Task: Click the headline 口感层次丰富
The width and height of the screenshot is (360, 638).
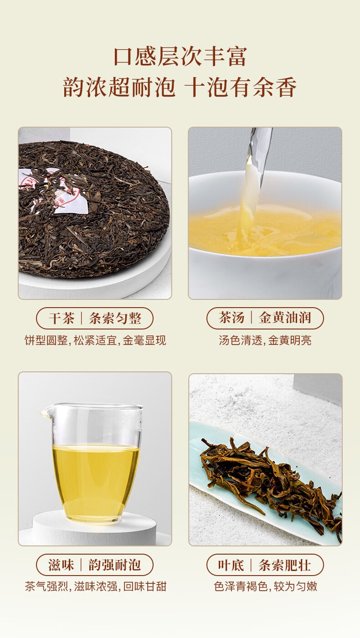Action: (x=180, y=57)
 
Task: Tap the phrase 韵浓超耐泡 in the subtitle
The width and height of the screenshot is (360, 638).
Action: (x=118, y=87)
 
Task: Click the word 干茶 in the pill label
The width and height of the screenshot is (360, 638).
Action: (x=61, y=318)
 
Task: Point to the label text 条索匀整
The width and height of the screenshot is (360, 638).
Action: (x=115, y=318)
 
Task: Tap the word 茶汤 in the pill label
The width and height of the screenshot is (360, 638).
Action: (x=231, y=317)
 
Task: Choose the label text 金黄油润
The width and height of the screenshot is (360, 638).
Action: (x=285, y=317)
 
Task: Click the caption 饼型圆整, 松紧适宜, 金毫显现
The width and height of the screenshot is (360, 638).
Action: (x=95, y=340)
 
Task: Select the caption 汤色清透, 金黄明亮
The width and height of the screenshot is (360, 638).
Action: (x=265, y=340)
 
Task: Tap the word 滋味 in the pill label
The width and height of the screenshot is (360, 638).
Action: (x=61, y=565)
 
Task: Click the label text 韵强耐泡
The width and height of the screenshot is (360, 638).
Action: (x=115, y=565)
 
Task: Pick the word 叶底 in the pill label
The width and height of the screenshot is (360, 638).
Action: (x=231, y=565)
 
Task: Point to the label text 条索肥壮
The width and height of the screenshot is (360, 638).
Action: (x=284, y=565)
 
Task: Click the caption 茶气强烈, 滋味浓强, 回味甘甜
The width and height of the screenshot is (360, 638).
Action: (x=95, y=587)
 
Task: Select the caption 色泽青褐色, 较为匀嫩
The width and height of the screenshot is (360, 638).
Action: (x=265, y=587)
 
